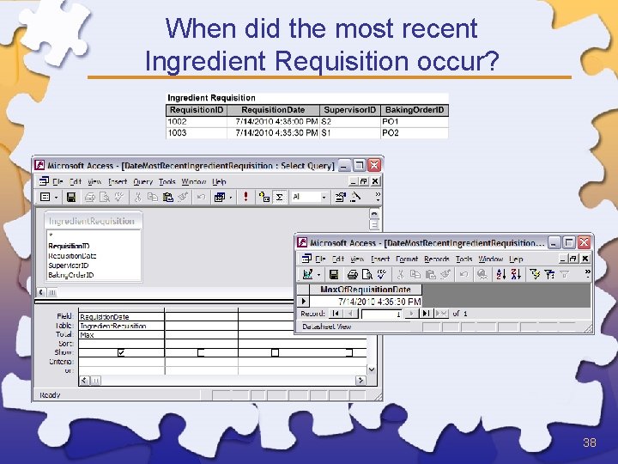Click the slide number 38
click(589, 443)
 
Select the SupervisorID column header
click(349, 110)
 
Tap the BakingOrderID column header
click(415, 110)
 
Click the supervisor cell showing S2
click(349, 122)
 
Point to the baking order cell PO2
click(415, 133)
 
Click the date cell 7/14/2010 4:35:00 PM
click(276, 122)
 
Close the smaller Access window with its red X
click(585, 242)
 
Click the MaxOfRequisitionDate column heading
click(366, 290)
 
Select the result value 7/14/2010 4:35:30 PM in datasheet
click(379, 302)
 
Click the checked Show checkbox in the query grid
click(120, 352)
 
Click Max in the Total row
click(88, 335)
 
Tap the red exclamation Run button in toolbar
click(245, 197)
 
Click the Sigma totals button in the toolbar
click(278, 197)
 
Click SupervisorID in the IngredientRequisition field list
click(70, 266)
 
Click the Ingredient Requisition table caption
click(211, 98)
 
